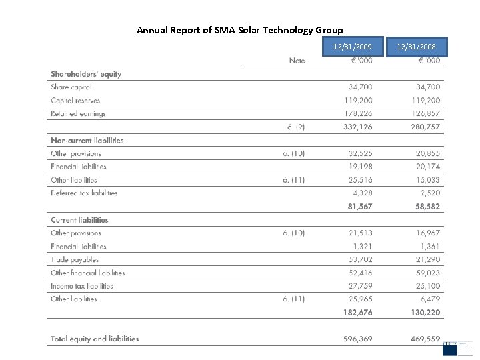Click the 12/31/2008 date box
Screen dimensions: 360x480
pos(416,47)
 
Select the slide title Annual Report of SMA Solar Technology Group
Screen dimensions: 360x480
pos(239,30)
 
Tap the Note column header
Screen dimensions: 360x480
pos(297,61)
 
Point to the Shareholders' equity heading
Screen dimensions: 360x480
pos(86,74)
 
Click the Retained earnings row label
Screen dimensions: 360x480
pos(78,113)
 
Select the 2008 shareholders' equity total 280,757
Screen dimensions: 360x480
pos(425,127)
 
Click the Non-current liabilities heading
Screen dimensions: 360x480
pos(87,140)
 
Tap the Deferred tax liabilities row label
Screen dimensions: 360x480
pos(84,193)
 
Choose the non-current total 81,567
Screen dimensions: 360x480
pos(360,207)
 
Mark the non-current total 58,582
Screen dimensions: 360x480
pos(426,207)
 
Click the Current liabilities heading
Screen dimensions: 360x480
pos(79,220)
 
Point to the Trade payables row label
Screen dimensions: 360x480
pos(75,259)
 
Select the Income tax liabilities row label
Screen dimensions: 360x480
pos(82,286)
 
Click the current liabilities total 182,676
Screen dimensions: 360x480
pos(357,313)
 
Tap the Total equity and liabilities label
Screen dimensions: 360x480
pos(95,339)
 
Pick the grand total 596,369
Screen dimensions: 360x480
pos(357,339)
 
